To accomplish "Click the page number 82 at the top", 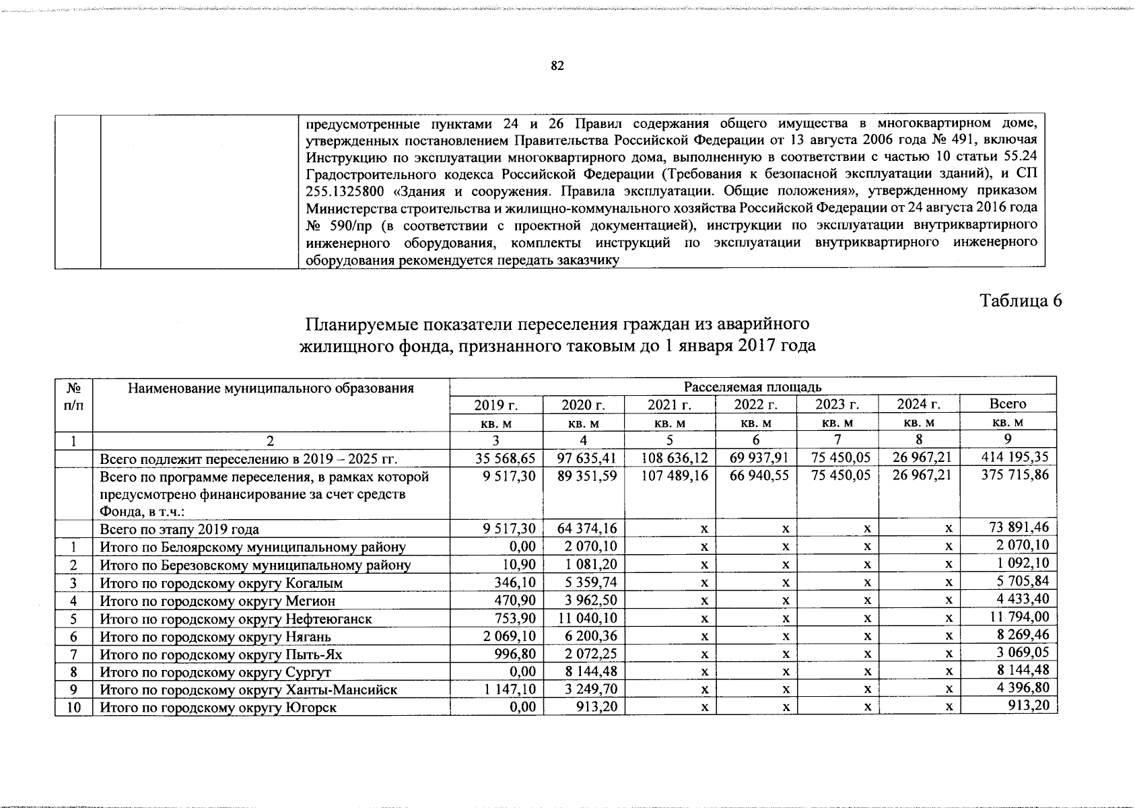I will click(x=557, y=66).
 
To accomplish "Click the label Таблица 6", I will click(x=1021, y=301).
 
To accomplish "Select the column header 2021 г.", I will click(x=670, y=405).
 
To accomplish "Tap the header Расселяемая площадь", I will click(x=752, y=386).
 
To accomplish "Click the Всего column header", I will click(x=1008, y=404).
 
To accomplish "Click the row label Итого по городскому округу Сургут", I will click(x=215, y=672).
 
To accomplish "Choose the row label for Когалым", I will click(x=221, y=583).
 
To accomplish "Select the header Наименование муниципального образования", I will click(x=271, y=389).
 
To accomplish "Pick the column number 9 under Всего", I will click(x=1008, y=440).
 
